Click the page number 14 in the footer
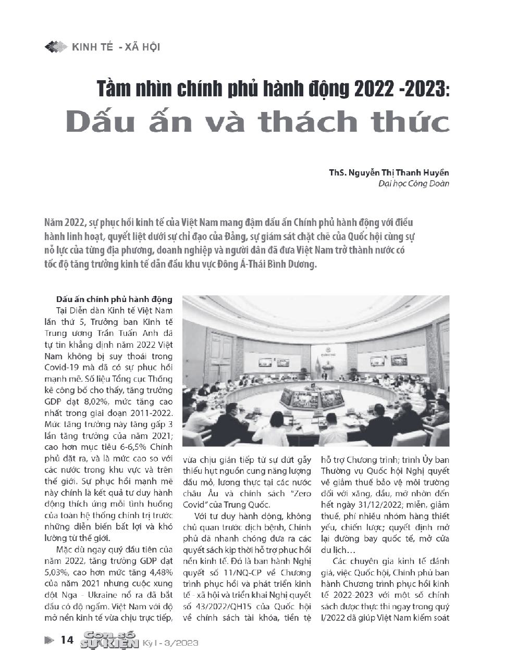pyautogui.click(x=67, y=640)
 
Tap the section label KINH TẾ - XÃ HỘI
pyautogui.click(x=116, y=47)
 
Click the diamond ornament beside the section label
pyautogui.click(x=56, y=47)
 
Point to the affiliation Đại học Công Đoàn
pyautogui.click(x=413, y=183)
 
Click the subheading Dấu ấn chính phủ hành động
pyautogui.click(x=114, y=299)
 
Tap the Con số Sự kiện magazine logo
pyautogui.click(x=108, y=640)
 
